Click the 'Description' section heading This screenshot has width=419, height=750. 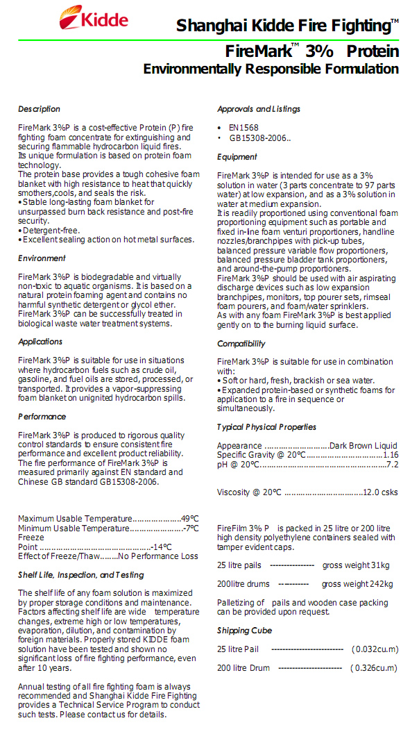coord(39,109)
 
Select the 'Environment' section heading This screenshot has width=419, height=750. coord(42,258)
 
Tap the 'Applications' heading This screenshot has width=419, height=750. coord(40,342)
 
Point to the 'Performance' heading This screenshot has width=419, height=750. coord(42,417)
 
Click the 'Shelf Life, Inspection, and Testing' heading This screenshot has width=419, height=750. coord(81,575)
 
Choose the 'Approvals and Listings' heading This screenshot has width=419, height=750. coord(259,109)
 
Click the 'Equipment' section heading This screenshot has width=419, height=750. coord(237,157)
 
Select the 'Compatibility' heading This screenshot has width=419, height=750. coord(241,344)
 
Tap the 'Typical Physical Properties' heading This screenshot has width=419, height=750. coord(266,427)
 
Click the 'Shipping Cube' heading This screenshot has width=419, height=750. coord(244,631)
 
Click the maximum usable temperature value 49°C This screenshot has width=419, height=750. coord(190,519)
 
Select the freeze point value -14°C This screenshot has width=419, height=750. coord(162,547)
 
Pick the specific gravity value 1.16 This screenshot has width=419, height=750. coord(391,455)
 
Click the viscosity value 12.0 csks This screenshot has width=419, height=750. coord(381,492)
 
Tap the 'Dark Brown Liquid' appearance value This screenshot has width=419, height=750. coord(364,446)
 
